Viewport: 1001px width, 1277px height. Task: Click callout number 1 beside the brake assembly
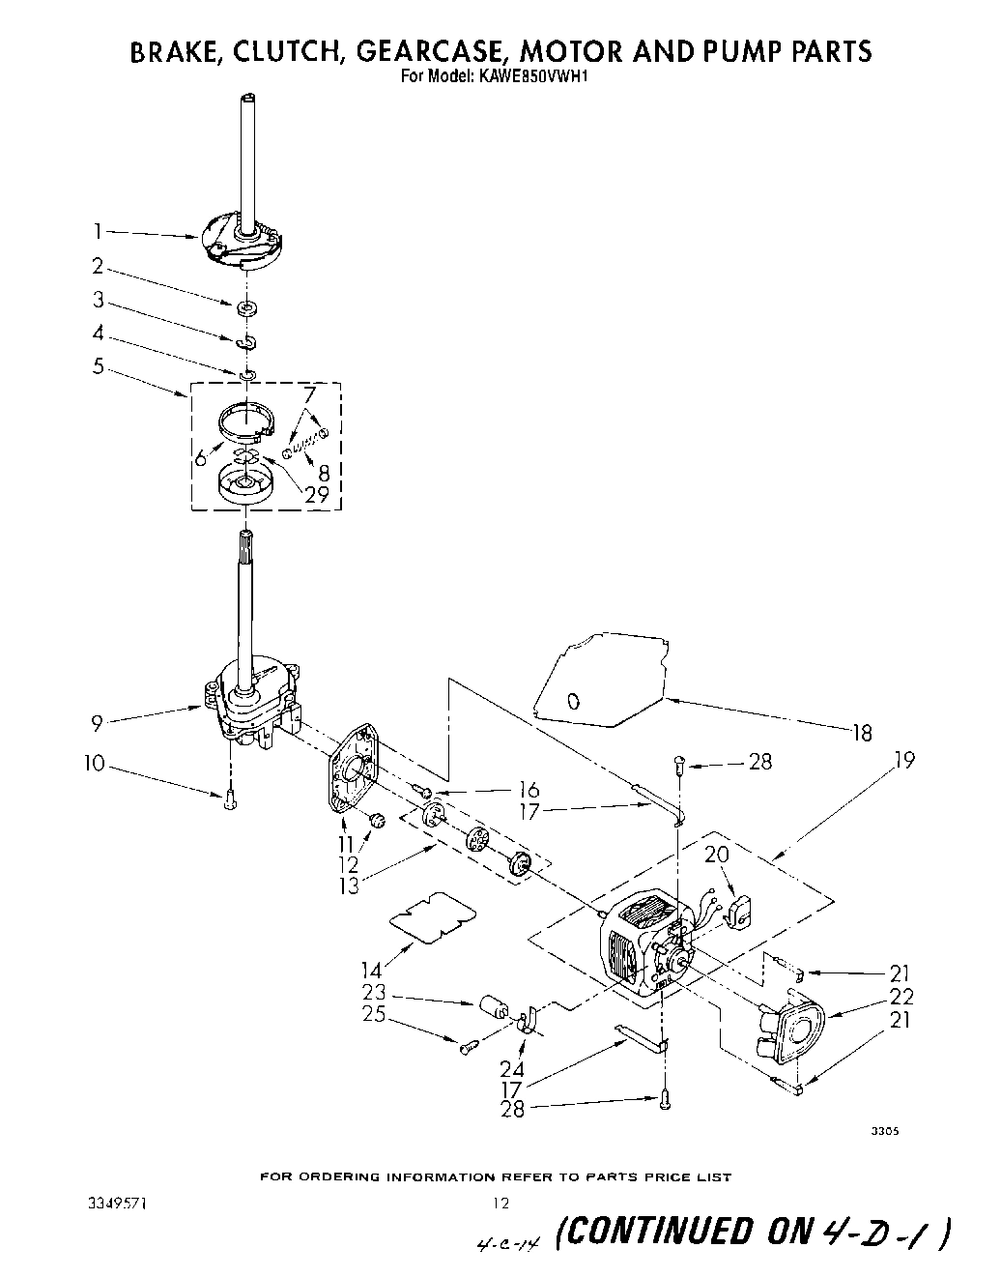pos(98,231)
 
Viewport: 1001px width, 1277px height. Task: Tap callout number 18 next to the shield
pos(862,734)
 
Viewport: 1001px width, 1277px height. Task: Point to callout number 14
pos(371,969)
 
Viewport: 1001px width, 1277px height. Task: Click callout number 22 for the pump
pos(902,997)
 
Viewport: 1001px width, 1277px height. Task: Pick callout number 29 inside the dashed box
pos(317,494)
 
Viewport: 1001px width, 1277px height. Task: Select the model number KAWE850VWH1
pos(527,81)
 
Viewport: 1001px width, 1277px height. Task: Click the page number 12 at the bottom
pos(500,1204)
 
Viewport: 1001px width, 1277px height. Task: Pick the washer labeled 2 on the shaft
pos(247,308)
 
